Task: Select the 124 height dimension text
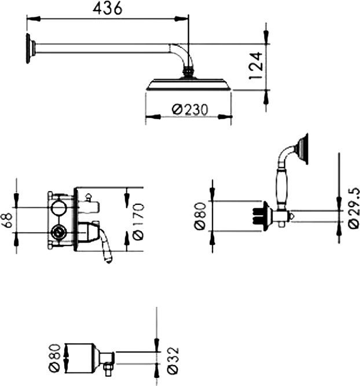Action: coord(256,65)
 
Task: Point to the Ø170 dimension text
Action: coord(137,219)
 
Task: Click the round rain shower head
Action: coord(189,85)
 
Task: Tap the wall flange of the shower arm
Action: coord(28,47)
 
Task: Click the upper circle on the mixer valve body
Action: coord(58,208)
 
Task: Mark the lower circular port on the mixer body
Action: coord(58,233)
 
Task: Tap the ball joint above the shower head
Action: coord(188,72)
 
